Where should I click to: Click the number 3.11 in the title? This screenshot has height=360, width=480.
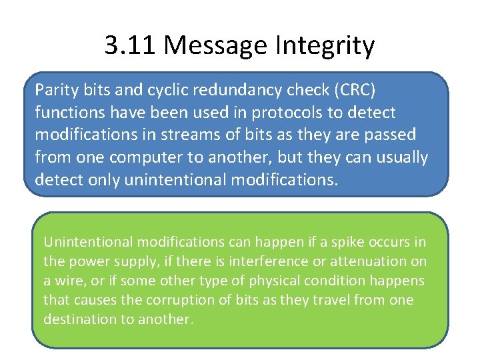click(x=131, y=46)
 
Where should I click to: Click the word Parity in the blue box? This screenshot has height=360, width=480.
click(x=57, y=89)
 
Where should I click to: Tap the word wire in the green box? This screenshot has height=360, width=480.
click(x=67, y=280)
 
